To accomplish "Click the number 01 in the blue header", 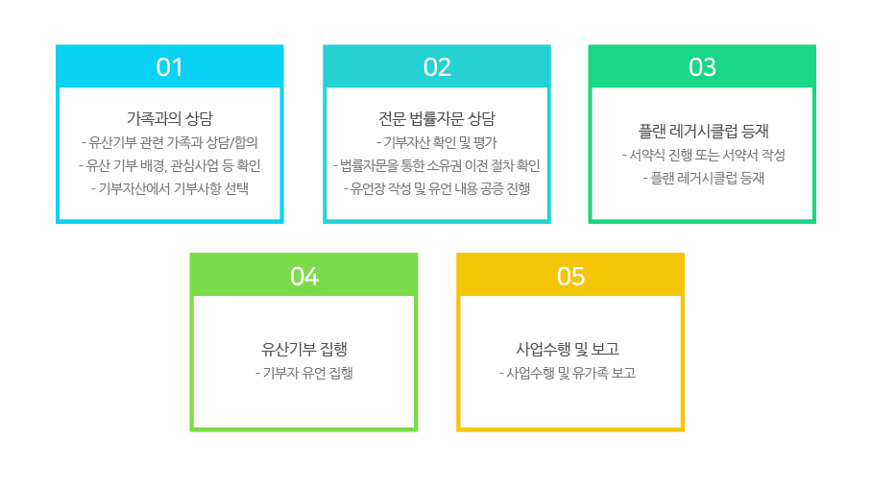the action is tap(169, 67).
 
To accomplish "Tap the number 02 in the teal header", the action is tap(437, 67).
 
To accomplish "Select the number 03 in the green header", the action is tap(702, 67).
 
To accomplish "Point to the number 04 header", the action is tap(303, 276).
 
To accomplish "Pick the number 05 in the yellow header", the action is tap(570, 276).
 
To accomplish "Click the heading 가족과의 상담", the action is tap(170, 118).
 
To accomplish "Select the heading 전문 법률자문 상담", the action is tap(437, 118).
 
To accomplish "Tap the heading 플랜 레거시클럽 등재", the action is tap(703, 131).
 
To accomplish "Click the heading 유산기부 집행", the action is tap(303, 349).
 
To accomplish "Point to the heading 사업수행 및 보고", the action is tap(568, 349).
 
